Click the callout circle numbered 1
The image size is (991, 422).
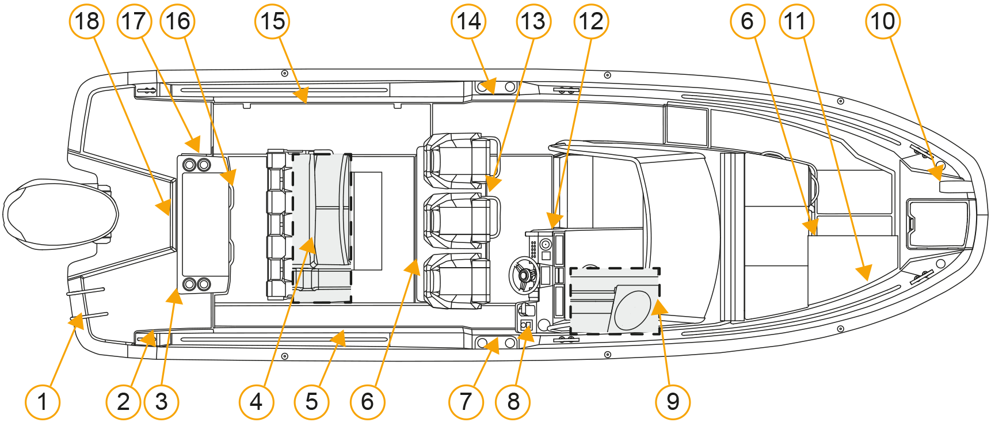pyautogui.click(x=43, y=401)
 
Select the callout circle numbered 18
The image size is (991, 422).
pyautogui.click(x=87, y=22)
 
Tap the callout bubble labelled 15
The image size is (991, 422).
pyautogui.click(x=272, y=22)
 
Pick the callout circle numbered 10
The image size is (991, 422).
pyautogui.click(x=883, y=22)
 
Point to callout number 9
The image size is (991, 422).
pyautogui.click(x=673, y=401)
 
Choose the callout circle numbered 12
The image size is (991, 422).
pyautogui.click(x=591, y=22)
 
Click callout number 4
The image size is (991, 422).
pyautogui.click(x=256, y=401)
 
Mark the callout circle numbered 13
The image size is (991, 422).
pyautogui.click(x=533, y=22)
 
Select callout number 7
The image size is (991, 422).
pyautogui.click(x=466, y=401)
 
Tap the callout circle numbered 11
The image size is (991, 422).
pyautogui.click(x=796, y=22)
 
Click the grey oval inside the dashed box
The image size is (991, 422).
pyautogui.click(x=632, y=310)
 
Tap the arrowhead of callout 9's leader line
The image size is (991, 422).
pyautogui.click(x=659, y=307)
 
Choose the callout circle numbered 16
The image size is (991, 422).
pyautogui.click(x=177, y=22)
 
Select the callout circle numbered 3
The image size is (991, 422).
pyautogui.click(x=162, y=401)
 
